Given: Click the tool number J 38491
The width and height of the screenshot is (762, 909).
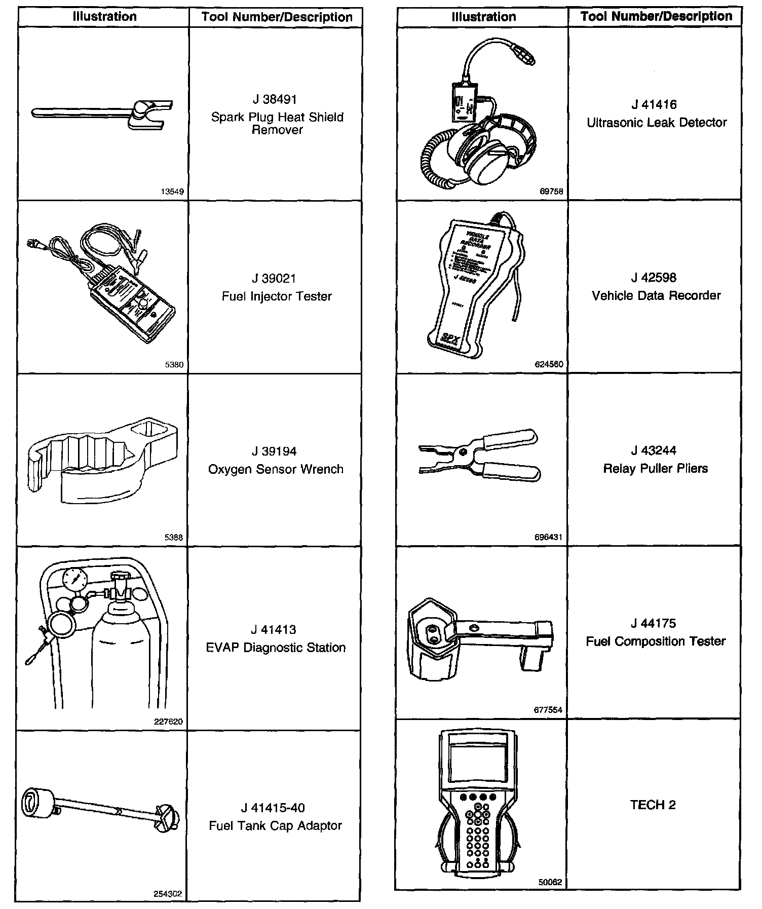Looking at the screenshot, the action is (276, 99).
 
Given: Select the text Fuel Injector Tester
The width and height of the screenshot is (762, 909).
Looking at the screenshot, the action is (277, 296).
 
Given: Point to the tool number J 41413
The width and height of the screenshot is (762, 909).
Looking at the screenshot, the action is (274, 630).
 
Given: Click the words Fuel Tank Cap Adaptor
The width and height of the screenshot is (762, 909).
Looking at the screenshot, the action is (276, 826).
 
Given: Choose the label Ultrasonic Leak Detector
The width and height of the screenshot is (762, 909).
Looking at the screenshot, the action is (657, 123).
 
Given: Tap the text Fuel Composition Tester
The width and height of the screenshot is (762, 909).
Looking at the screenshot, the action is (656, 641).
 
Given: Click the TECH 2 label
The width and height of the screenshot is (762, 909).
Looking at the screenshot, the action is (653, 805).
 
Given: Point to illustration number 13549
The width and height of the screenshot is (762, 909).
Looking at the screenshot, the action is (172, 192).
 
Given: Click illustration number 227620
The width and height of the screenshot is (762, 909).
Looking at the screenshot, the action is (168, 722).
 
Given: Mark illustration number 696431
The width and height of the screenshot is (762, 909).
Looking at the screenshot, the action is (549, 537).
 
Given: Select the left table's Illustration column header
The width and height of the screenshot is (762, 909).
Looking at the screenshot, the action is (104, 17).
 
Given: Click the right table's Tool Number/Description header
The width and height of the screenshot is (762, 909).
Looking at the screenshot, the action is (656, 16).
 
